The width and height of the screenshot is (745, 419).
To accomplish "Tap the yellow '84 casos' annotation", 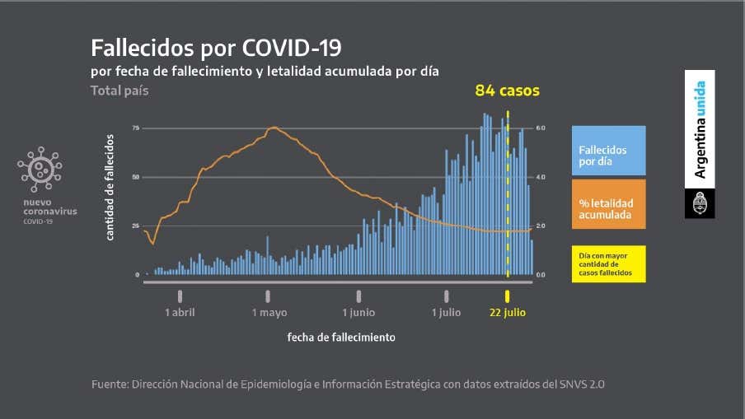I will pos(507,91).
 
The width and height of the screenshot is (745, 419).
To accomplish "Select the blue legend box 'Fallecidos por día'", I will pos(608,151).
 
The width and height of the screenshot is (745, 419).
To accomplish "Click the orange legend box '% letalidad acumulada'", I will pos(608,209).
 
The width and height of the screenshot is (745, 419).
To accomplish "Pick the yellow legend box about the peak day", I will pos(608,263).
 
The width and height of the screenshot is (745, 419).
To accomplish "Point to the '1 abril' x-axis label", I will pos(180,313).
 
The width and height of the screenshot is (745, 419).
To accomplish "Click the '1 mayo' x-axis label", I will pos(269,313).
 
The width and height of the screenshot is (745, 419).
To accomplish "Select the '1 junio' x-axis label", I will pos(358,313).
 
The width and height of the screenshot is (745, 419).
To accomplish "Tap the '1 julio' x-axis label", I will pos(446,313).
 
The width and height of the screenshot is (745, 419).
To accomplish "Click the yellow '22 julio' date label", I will pos(507,313).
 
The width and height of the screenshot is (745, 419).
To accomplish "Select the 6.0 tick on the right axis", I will pos(541,128).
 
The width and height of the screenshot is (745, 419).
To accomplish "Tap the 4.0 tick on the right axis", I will pos(541,177).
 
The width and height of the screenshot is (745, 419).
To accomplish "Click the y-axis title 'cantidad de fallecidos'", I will pos(110,187).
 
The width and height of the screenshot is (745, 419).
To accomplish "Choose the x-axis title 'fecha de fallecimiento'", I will pos(340,338).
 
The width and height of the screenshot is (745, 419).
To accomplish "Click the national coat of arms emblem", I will pos(700,203).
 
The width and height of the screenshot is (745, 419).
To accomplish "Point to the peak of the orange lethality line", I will pos(274,128).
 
